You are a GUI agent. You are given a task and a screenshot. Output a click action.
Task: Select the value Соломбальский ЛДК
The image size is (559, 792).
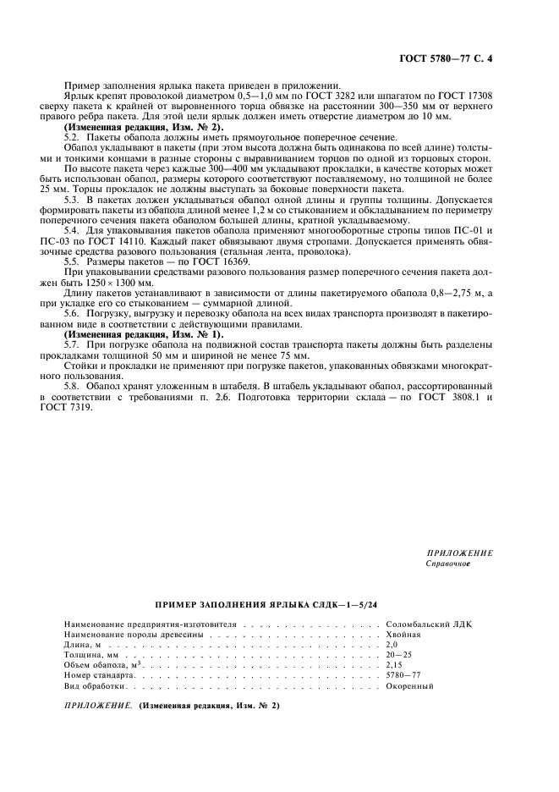tap(422, 624)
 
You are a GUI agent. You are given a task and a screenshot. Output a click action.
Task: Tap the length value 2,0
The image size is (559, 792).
tap(392, 644)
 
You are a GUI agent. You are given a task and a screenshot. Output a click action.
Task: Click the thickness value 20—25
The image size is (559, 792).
tap(397, 654)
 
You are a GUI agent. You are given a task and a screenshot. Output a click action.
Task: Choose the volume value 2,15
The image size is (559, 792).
tap(393, 664)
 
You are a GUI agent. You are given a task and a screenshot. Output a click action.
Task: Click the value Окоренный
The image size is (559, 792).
tap(409, 685)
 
